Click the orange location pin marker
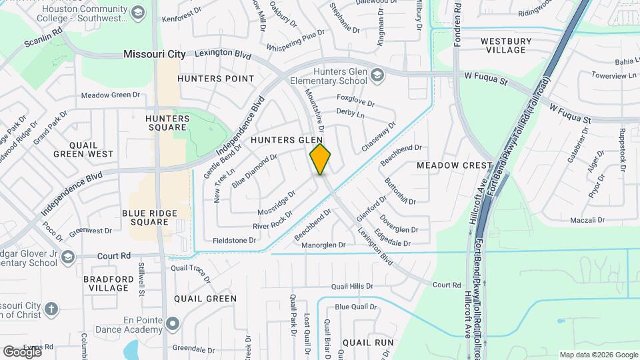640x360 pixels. [321, 159]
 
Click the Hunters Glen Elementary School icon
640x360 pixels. [378, 74]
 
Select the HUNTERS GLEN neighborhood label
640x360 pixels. [287, 140]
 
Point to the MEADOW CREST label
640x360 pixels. [454, 165]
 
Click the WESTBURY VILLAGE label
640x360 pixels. [506, 45]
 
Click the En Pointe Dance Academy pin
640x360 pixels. [173, 325]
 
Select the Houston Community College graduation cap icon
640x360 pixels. [138, 12]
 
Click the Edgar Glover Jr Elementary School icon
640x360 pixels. [67, 257]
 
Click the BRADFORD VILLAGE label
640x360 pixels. [107, 283]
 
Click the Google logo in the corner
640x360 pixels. [22, 352]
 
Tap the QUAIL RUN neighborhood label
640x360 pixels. [368, 342]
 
